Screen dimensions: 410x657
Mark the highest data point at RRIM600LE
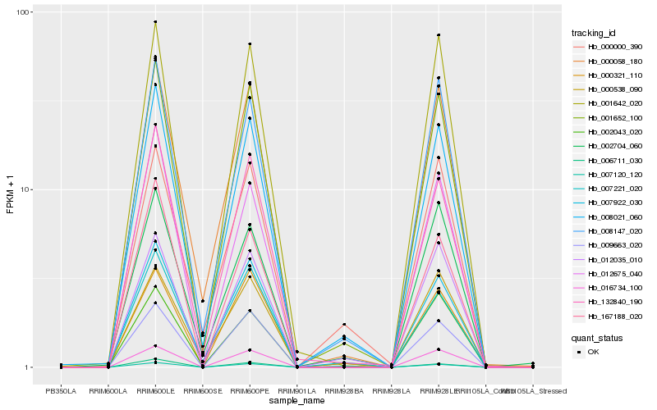pyautogui.click(x=155, y=22)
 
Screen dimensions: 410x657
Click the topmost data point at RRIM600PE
pyautogui.click(x=250, y=44)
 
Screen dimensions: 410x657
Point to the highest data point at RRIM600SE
pyautogui.click(x=203, y=301)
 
